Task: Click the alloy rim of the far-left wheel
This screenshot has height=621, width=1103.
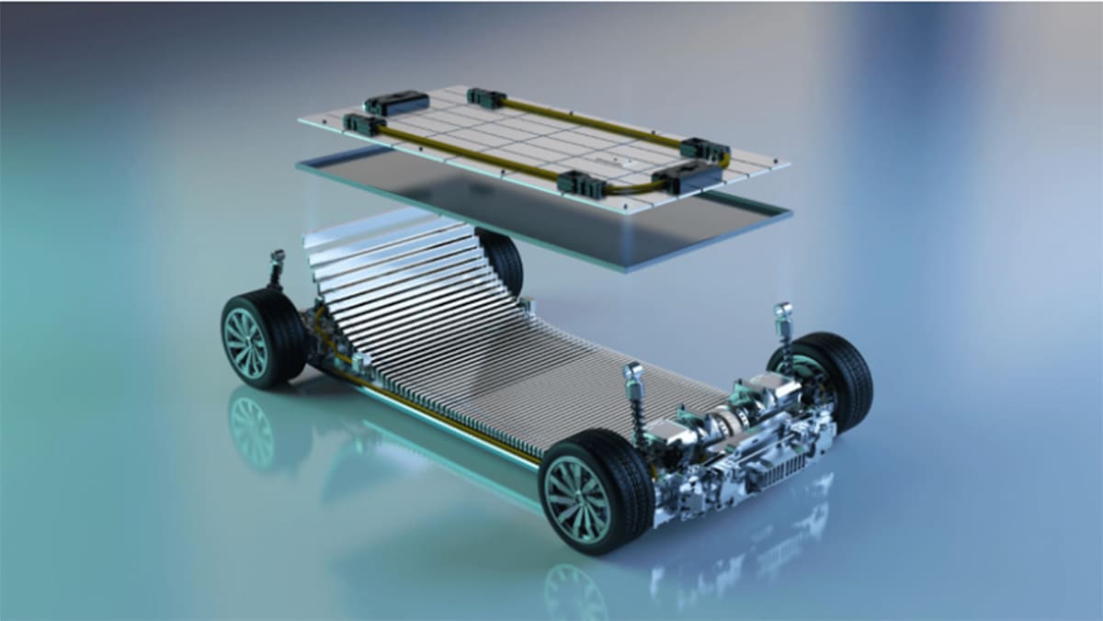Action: click(x=246, y=342)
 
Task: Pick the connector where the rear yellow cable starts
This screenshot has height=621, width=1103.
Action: click(x=486, y=98)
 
